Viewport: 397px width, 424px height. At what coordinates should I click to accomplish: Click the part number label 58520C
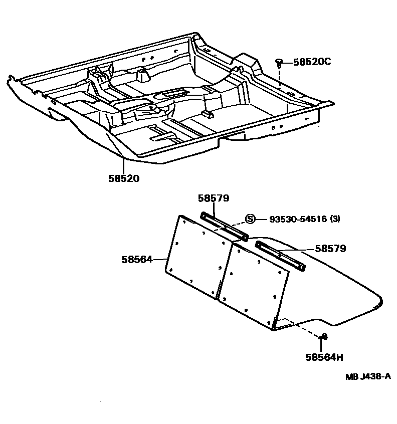pyautogui.click(x=312, y=62)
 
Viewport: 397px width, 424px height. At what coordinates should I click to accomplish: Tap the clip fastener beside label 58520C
pyautogui.click(x=279, y=62)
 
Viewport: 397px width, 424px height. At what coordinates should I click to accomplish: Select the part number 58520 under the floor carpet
pyautogui.click(x=123, y=178)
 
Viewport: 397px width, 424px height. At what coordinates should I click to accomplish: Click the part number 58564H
pyautogui.click(x=324, y=357)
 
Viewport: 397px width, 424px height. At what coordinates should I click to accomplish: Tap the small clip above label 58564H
pyautogui.click(x=324, y=336)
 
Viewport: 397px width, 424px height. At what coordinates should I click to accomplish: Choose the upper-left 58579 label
pyautogui.click(x=213, y=198)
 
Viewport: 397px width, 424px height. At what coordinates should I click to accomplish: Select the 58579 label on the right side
pyautogui.click(x=330, y=248)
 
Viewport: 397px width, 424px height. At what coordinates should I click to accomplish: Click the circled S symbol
pyautogui.click(x=251, y=219)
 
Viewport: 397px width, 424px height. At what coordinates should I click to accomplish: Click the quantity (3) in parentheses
pyautogui.click(x=335, y=219)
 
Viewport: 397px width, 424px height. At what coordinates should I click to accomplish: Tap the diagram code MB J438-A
pyautogui.click(x=367, y=377)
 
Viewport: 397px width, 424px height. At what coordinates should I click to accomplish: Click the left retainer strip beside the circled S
pyautogui.click(x=224, y=226)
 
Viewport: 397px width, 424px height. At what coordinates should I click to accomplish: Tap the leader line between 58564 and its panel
pyautogui.click(x=159, y=259)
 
